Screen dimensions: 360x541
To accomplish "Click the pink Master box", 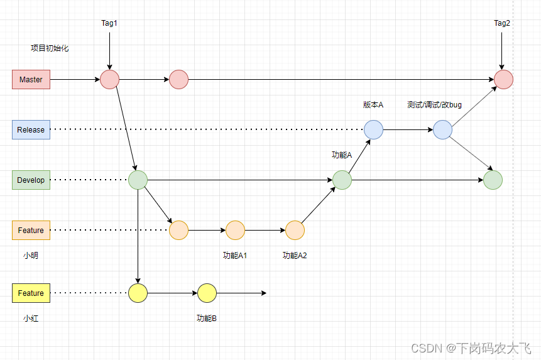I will [31, 80].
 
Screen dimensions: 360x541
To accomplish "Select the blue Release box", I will [31, 130].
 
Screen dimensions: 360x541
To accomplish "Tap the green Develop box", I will [31, 180].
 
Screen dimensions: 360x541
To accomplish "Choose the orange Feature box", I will [31, 231].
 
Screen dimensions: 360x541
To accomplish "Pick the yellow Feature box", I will [31, 293].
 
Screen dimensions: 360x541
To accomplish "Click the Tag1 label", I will [109, 23].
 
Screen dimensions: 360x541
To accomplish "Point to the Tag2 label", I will [502, 23].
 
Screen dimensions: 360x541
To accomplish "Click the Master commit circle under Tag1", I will [109, 80].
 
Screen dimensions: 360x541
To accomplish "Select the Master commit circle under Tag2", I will [503, 80].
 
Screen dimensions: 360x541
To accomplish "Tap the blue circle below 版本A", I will [373, 130].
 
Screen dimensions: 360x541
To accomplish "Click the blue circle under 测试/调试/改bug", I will [442, 130].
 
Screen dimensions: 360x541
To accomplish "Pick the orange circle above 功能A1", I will [235, 231].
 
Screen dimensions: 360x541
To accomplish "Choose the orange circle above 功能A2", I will [295, 231].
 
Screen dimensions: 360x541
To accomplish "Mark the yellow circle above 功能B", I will [207, 293].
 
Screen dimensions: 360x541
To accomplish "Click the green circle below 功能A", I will [342, 180].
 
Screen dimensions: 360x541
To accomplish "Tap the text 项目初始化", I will [50, 48].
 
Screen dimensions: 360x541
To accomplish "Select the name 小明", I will [31, 256].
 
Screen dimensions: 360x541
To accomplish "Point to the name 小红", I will [31, 319].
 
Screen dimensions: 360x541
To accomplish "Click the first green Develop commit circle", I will [138, 180].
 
